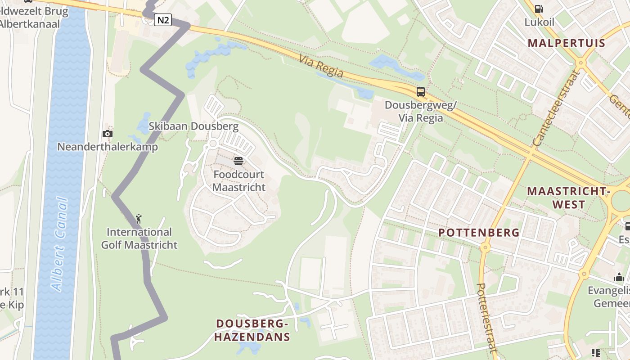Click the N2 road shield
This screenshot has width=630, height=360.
[163, 20]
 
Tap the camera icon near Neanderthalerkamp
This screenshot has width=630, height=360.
[107, 134]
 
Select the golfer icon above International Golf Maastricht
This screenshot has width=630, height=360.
[139, 219]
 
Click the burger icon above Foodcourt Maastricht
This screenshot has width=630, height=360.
[238, 161]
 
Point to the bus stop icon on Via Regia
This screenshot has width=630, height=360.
[420, 92]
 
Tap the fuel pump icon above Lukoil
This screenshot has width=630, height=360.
[538, 9]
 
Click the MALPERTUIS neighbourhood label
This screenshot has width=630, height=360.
[567, 43]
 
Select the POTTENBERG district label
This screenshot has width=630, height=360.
[479, 233]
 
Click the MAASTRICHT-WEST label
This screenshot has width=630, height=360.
[568, 198]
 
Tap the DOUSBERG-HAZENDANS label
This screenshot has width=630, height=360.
[252, 330]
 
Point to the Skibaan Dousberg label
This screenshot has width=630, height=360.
[193, 126]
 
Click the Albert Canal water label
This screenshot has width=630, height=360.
[60, 244]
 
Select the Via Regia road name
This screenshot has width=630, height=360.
[321, 66]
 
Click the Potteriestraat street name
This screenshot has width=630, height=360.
[486, 317]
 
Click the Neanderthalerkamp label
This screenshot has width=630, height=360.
[108, 147]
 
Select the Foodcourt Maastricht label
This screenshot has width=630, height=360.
[239, 180]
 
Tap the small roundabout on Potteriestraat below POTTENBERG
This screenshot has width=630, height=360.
[485, 247]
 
